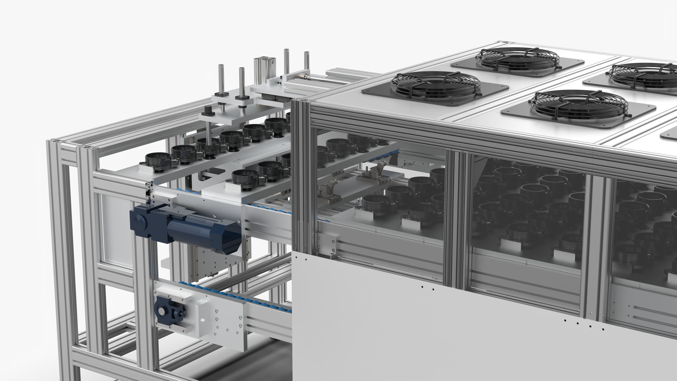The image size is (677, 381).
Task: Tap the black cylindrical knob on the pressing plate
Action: [x=208, y=109]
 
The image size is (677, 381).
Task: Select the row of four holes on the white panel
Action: [x=583, y=325]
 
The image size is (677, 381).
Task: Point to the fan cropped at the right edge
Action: [x=644, y=75]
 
